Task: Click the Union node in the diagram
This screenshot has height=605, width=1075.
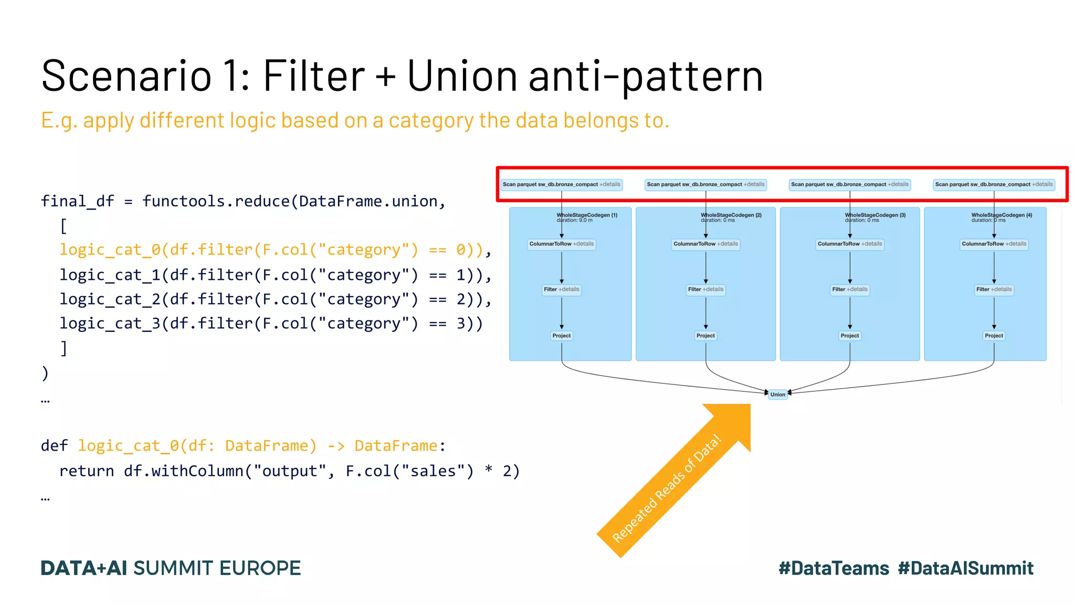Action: tap(777, 394)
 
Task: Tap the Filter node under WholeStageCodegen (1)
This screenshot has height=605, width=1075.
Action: tap(561, 289)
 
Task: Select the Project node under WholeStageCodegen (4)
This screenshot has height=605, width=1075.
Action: tap(994, 336)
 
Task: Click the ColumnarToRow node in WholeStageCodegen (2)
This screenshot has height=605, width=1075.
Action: tap(705, 244)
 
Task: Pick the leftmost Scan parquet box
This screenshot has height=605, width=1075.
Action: tap(561, 185)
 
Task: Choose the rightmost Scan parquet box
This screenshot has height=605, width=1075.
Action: tap(994, 185)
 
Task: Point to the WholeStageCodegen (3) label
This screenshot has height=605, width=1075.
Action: tap(875, 215)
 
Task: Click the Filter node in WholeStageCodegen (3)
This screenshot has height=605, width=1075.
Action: tap(849, 289)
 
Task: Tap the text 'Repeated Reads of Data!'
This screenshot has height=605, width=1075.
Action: tap(667, 488)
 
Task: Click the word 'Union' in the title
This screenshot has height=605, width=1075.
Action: tap(462, 76)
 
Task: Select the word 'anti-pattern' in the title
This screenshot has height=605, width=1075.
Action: tap(646, 76)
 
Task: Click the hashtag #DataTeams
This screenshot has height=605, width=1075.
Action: tap(834, 568)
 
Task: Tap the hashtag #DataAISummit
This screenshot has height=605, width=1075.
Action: tap(965, 568)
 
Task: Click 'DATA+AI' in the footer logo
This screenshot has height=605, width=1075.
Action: tap(84, 568)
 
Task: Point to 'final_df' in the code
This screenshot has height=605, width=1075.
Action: tap(78, 201)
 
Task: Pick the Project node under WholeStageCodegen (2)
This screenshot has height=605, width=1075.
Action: tap(705, 336)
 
